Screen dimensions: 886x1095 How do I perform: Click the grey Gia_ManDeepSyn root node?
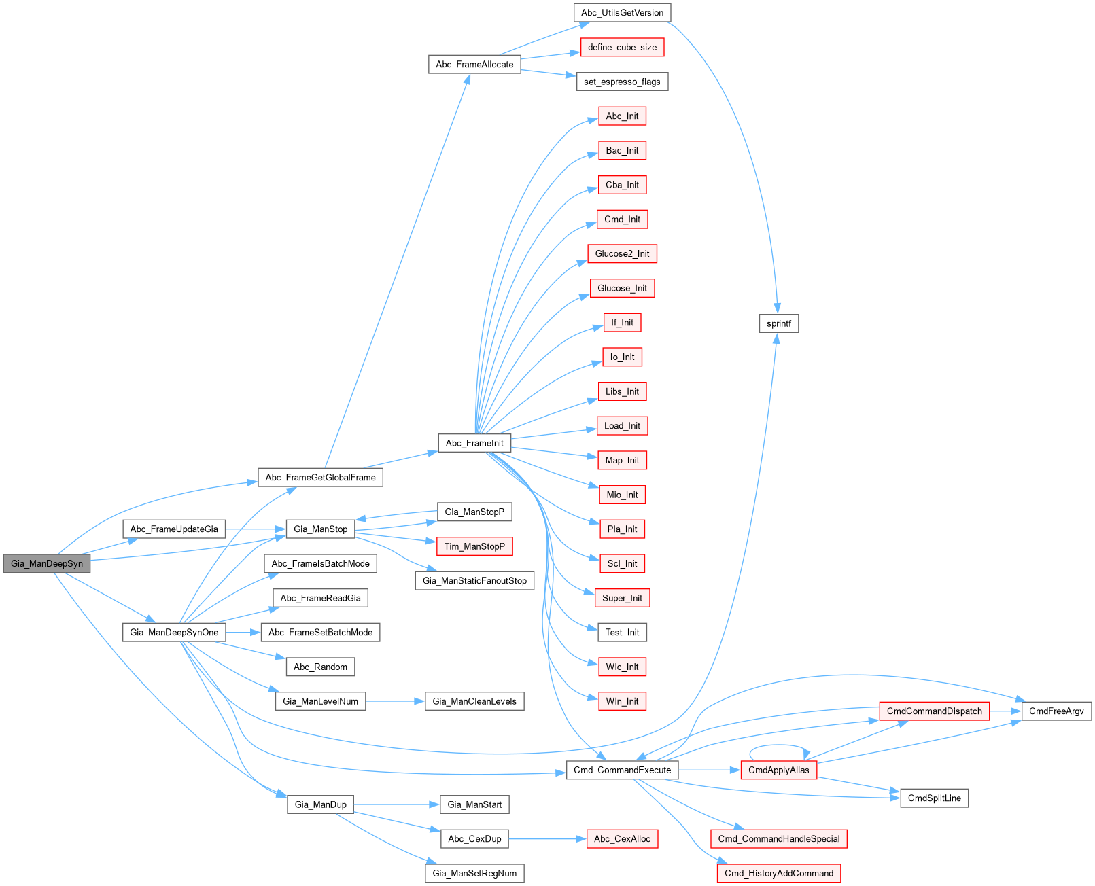pos(47,564)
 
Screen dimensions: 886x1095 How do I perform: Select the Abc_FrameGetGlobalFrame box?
pos(320,478)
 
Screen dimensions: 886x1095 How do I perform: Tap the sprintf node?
pos(778,323)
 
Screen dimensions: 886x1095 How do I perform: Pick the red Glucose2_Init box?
pos(622,254)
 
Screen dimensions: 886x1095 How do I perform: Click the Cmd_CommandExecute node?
pos(622,770)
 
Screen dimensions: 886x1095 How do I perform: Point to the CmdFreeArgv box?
pos(1056,711)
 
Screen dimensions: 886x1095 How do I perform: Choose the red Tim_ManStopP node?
pos(474,546)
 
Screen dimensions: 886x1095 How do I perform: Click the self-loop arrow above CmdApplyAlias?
pos(778,749)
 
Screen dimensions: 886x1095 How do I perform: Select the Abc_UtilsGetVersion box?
pos(622,13)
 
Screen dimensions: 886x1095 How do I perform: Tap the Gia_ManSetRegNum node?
pos(474,874)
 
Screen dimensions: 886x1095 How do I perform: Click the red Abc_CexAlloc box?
pos(622,839)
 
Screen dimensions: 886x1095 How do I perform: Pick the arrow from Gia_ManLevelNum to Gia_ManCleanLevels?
pos(395,701)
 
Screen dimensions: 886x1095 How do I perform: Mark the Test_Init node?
pos(622,633)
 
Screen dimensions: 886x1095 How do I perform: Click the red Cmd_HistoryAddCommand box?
pos(778,874)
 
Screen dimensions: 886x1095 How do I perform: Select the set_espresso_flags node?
pos(622,82)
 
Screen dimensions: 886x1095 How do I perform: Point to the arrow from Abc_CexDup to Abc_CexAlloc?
pos(547,839)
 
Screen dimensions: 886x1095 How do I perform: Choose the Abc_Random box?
pos(320,667)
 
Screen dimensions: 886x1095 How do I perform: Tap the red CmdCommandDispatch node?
pos(934,711)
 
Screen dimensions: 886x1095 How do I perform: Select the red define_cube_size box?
pos(622,48)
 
